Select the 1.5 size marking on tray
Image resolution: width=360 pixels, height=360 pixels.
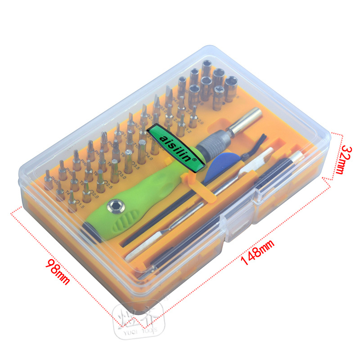coord(81,206)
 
